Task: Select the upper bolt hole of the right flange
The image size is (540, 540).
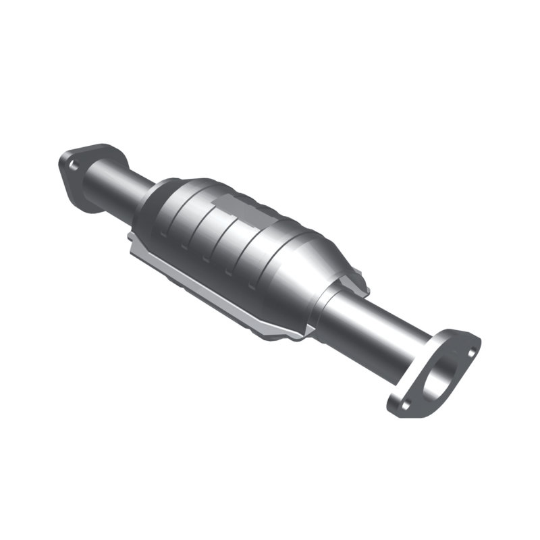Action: (x=470, y=350)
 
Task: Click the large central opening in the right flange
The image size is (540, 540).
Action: (x=439, y=375)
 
